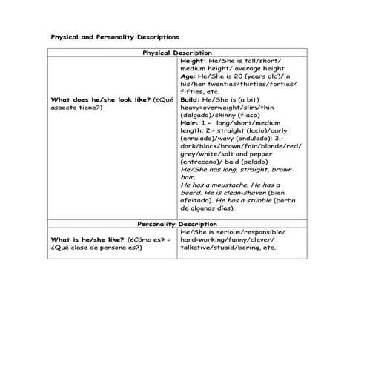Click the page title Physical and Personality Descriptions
113,36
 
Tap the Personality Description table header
177,223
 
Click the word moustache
226,184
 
